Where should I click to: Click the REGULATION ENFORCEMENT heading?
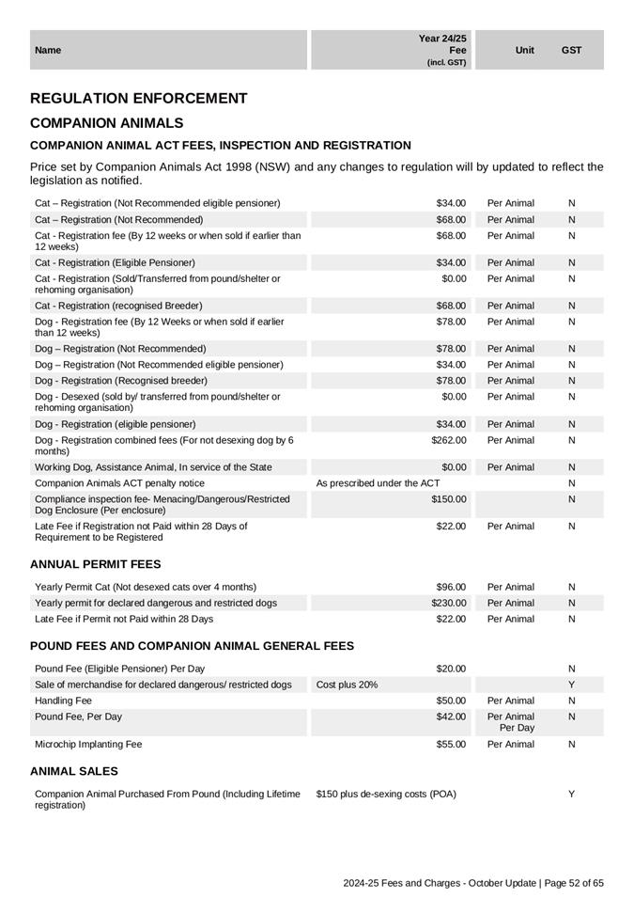(139, 99)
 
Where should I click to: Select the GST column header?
(571, 50)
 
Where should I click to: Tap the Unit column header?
(525, 50)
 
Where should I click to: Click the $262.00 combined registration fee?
(449, 440)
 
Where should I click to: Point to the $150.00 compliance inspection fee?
(449, 499)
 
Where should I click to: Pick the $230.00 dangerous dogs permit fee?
(449, 603)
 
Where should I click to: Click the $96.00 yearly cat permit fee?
(452, 587)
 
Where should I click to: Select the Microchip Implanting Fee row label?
(88, 744)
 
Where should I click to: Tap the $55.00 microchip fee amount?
(452, 744)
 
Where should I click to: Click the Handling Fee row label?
(63, 701)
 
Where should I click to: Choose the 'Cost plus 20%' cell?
(347, 685)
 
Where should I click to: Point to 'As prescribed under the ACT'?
(378, 483)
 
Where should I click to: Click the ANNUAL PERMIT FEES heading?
(95, 564)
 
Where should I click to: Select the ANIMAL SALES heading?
(74, 771)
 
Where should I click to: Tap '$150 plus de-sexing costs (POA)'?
(386, 795)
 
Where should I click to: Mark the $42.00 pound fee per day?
(452, 717)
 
